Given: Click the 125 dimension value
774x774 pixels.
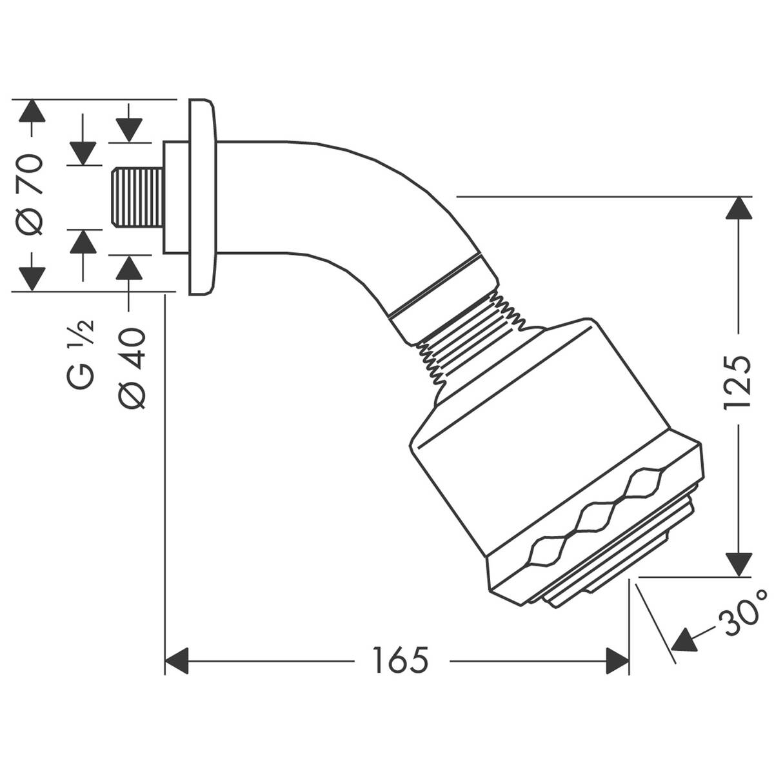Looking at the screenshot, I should pos(737,382).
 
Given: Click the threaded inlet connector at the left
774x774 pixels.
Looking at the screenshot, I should pos(136,197).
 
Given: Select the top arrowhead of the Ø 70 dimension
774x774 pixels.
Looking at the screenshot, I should pos(32,111).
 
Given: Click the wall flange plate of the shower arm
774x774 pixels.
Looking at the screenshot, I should pos(202,197).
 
